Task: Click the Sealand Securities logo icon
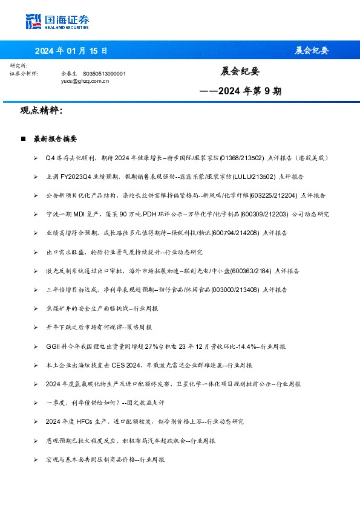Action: tap(33, 21)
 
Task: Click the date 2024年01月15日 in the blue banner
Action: tap(71, 50)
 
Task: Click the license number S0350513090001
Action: tap(104, 73)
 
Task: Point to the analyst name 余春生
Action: tap(70, 73)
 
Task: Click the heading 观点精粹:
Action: tap(41, 111)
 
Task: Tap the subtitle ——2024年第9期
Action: tap(240, 92)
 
